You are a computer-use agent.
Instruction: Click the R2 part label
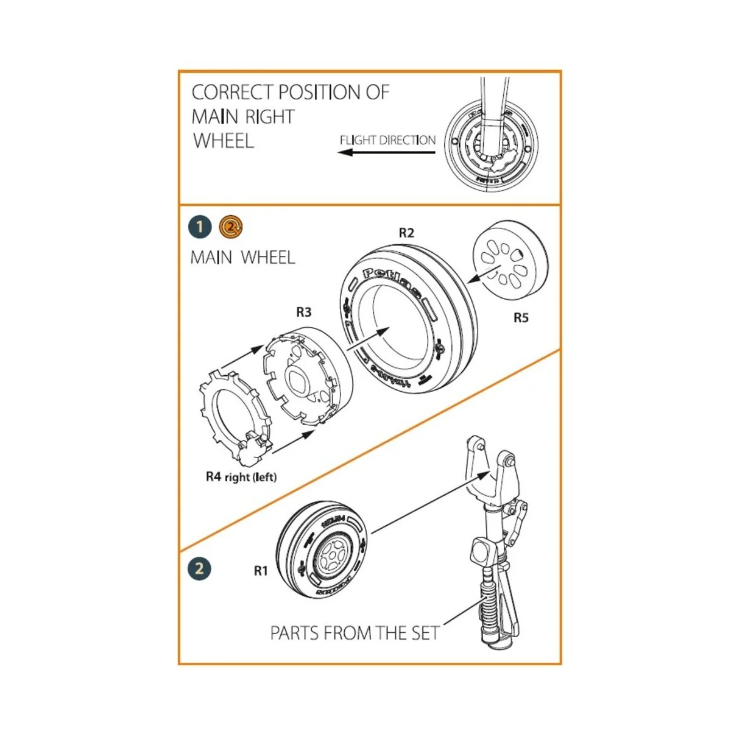(x=406, y=233)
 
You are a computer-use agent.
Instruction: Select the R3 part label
(x=303, y=312)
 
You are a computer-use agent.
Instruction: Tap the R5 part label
(x=521, y=317)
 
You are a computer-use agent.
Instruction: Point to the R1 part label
(x=261, y=571)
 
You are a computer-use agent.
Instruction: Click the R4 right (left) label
(x=241, y=477)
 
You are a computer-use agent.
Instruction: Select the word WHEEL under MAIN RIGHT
(x=223, y=141)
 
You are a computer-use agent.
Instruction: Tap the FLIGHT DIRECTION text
(x=387, y=140)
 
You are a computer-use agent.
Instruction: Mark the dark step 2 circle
(x=199, y=569)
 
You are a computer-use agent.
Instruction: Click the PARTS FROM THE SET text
(x=355, y=633)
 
